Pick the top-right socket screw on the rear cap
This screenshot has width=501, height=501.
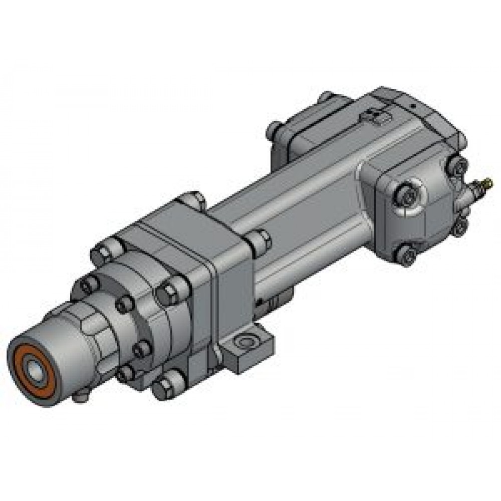coord(457,164)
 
